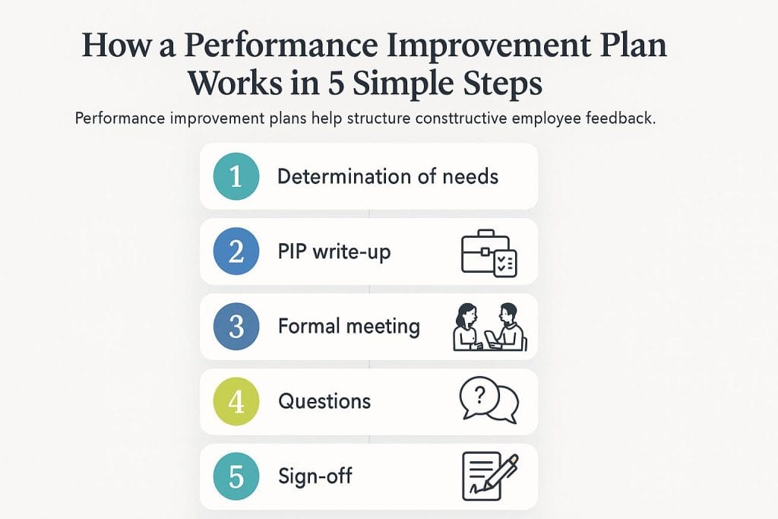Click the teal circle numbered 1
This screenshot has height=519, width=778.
click(236, 176)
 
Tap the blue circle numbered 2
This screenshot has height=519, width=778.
click(236, 252)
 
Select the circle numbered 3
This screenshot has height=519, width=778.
click(236, 327)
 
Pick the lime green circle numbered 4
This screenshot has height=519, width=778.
click(236, 401)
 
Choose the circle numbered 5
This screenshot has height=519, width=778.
click(236, 476)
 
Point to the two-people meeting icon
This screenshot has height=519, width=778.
click(489, 328)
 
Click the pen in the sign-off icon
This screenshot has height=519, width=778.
click(502, 470)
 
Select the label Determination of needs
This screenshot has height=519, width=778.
click(387, 177)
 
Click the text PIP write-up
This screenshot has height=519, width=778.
click(334, 252)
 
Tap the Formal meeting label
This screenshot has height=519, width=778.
click(349, 327)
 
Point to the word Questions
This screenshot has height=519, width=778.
click(324, 401)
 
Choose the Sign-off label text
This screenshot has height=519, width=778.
click(315, 477)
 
